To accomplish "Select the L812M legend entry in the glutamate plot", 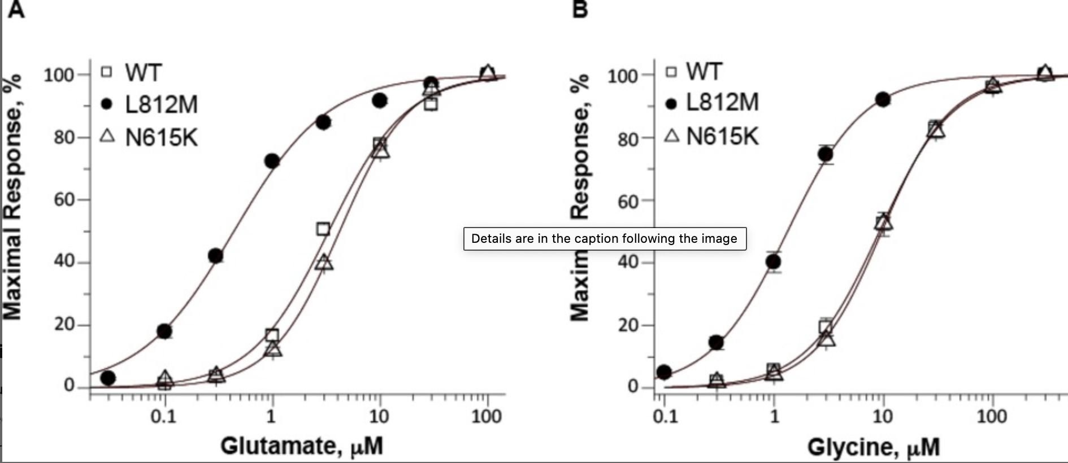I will pos(150,104).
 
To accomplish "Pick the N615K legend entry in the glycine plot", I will pos(712,136).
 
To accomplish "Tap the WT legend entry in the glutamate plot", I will pos(132,73).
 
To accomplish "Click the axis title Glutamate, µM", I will pos(302,445).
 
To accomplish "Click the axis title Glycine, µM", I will pos(873,447).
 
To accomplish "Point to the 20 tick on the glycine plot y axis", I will pos(628,325).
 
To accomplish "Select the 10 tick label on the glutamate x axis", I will pos(379,417).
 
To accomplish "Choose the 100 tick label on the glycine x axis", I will pos(992,417).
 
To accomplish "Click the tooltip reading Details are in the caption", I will pos(605,238).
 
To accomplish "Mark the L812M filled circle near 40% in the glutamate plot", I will pos(215,256).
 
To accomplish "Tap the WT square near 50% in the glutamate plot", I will pos(323,229).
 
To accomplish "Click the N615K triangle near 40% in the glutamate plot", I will pos(324,263).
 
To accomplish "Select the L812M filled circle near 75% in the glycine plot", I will pos(826,154).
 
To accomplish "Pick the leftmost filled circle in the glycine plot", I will pos(665,372).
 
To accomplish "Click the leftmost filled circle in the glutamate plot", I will pos(108,378).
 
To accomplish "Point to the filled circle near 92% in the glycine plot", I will pos(883,100).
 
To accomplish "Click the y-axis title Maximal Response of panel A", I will pos(12,198).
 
